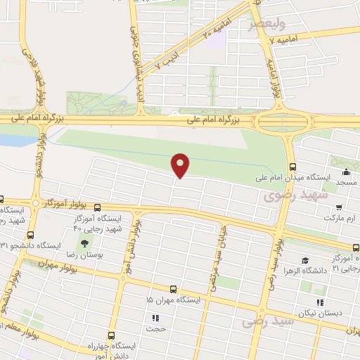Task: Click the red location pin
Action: point(181,165)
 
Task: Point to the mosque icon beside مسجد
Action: point(345,172)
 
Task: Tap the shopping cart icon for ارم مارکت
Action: point(340,207)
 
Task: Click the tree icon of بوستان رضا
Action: point(85,244)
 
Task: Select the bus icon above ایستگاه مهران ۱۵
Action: point(174,289)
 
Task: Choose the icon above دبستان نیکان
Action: point(320,302)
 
